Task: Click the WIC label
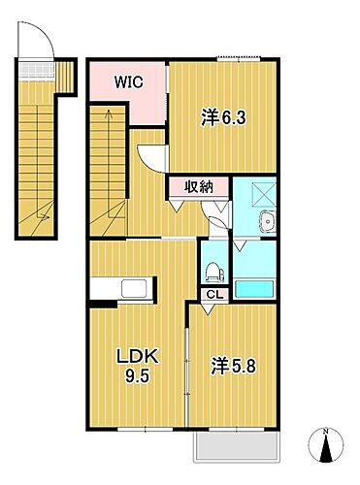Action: pos(128,82)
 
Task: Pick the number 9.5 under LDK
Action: pos(135,377)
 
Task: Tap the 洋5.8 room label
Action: pos(233,369)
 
